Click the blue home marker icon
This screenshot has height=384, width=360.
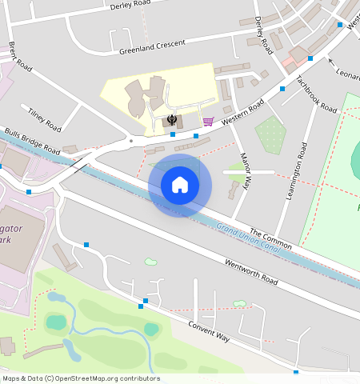click(180, 185)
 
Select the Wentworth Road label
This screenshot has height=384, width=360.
click(251, 271)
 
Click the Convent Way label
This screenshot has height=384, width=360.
click(209, 331)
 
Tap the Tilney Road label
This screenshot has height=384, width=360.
click(44, 119)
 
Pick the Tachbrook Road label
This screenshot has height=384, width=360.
click(315, 94)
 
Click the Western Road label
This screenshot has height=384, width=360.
click(243, 110)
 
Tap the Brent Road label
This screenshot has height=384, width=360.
click(20, 57)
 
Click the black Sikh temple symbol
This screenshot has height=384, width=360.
click(172, 120)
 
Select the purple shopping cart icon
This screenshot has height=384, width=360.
click(208, 122)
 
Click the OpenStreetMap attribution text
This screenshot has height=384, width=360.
click(80, 378)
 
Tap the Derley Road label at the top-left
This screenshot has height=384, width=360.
click(130, 5)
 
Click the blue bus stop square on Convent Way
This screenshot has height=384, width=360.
click(141, 306)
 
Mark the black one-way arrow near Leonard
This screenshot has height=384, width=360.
click(330, 60)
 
